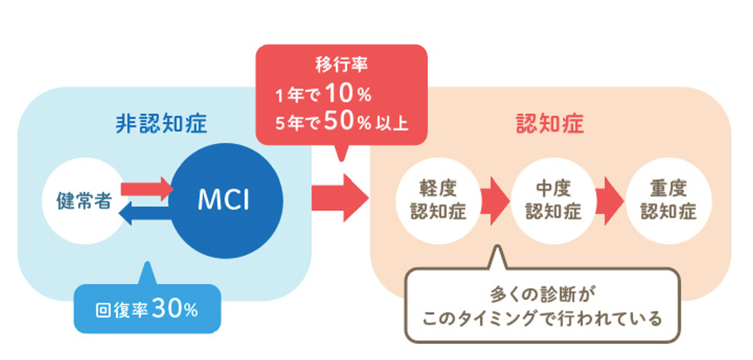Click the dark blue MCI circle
tap(224, 200)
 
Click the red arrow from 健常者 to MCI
tap(147, 189)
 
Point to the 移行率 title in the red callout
tap(341, 65)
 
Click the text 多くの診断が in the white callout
tap(542, 293)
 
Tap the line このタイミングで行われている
tap(542, 319)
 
